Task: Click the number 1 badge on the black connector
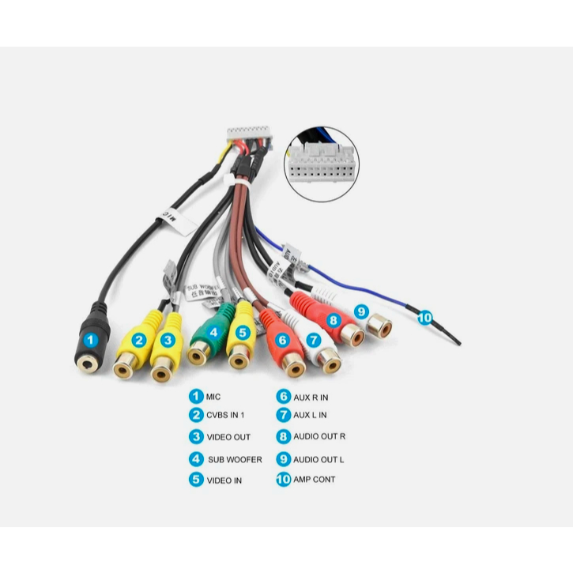pos(91,341)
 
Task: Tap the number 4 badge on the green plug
pos(213,333)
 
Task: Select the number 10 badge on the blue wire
pos(425,318)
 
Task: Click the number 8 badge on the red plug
pos(333,320)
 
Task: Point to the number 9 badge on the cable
pos(361,311)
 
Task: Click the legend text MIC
pos(214,396)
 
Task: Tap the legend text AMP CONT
pos(314,479)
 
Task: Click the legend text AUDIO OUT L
pos(319,459)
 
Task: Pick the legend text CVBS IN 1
pos(225,415)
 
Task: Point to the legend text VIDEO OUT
pos(228,437)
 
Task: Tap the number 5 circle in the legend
pos(196,479)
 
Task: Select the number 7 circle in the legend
pos(283,415)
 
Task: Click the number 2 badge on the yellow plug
pos(139,341)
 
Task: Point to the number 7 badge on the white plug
pos(313,341)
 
